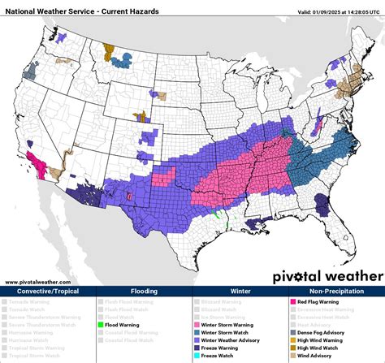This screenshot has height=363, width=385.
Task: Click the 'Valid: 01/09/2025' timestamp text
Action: [x=336, y=11]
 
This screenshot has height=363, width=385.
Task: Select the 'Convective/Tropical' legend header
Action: [x=48, y=291]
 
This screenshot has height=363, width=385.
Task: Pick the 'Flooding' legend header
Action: [x=144, y=291]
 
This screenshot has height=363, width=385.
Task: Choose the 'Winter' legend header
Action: [x=240, y=291]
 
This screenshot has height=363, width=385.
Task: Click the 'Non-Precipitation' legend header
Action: [x=335, y=291]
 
